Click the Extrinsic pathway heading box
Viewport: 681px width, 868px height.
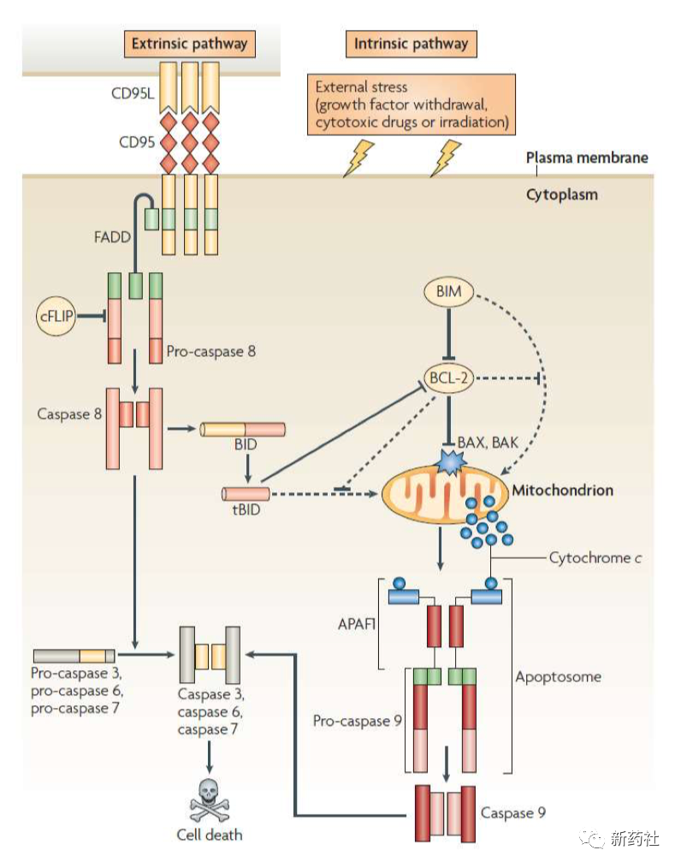click(189, 43)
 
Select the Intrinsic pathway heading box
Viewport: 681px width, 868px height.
click(411, 43)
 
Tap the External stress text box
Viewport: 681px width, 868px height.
click(412, 104)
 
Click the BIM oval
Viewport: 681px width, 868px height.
click(448, 292)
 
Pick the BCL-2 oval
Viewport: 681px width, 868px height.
click(448, 378)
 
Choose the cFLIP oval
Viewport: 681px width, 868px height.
click(57, 316)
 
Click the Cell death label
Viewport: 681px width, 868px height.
click(210, 835)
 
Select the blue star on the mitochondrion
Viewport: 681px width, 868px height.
click(449, 463)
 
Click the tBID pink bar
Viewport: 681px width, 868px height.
click(246, 493)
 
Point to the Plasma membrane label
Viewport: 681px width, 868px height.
click(586, 158)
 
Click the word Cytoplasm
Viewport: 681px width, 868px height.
click(561, 194)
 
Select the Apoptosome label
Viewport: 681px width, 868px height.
click(558, 677)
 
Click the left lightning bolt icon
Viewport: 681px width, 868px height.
click(358, 158)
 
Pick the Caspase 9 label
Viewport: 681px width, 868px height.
click(512, 812)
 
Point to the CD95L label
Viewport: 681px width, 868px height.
click(133, 93)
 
